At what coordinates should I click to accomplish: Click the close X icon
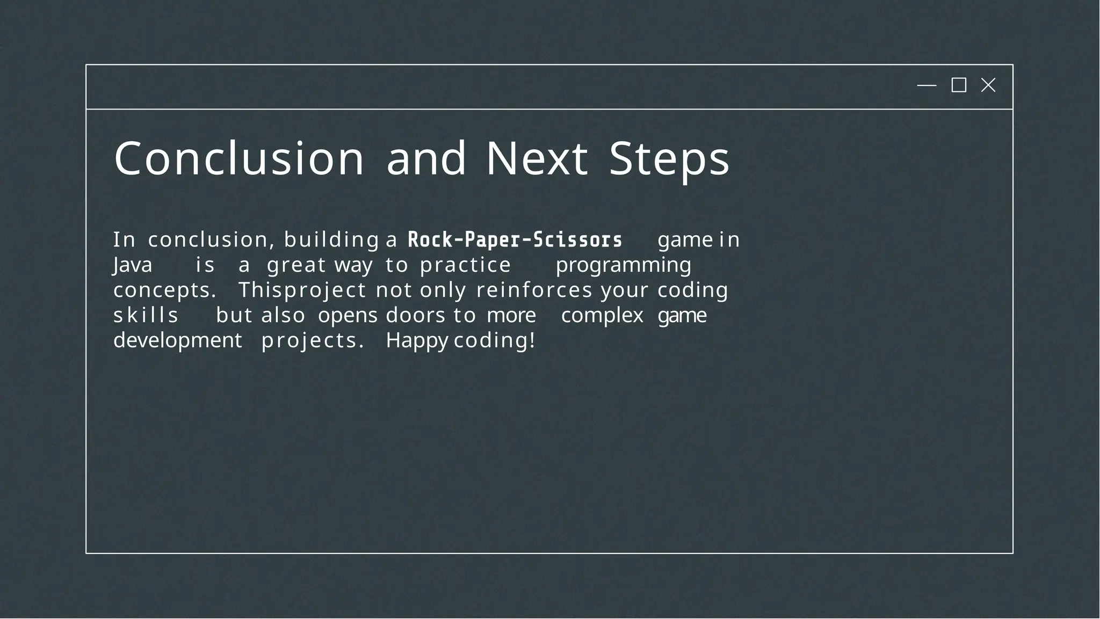[988, 85]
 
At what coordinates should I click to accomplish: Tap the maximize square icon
[959, 85]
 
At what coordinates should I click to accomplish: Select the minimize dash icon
[927, 85]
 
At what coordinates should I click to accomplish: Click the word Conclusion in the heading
[239, 158]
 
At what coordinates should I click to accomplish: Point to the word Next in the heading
[537, 158]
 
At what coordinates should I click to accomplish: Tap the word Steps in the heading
[669, 158]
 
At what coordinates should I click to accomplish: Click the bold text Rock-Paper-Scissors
[515, 240]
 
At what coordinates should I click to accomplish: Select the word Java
[133, 265]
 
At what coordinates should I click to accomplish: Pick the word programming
[623, 265]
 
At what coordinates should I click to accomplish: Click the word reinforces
[534, 290]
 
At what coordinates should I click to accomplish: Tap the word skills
[146, 316]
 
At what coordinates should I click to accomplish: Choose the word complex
[602, 316]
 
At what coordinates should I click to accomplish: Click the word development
[178, 341]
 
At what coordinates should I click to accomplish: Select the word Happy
[417, 341]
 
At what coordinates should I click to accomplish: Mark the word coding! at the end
[494, 341]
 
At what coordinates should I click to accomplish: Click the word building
[331, 240]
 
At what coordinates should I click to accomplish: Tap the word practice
[465, 265]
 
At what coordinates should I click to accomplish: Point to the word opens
[348, 316]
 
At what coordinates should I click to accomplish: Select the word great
[296, 265]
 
